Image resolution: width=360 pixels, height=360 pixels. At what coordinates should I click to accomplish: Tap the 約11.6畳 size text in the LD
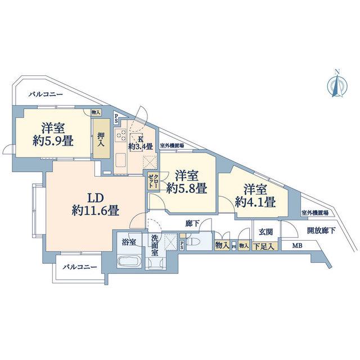[96, 210]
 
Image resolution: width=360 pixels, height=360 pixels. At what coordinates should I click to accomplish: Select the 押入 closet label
[101, 139]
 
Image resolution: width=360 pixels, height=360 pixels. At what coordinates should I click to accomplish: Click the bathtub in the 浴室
[128, 262]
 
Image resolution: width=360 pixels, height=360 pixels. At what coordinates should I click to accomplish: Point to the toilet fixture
[192, 241]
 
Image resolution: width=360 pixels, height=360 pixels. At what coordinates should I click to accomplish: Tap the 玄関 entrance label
[265, 232]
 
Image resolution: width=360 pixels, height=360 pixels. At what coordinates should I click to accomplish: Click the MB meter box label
[297, 246]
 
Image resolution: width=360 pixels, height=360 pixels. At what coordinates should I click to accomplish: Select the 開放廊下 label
[321, 231]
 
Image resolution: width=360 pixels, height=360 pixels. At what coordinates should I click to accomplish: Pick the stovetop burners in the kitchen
[121, 135]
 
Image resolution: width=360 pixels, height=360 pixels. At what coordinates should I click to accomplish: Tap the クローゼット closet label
[153, 181]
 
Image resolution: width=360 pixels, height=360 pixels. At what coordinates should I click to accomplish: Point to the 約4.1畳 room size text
[255, 202]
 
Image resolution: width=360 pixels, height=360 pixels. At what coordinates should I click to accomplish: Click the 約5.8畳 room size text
[187, 188]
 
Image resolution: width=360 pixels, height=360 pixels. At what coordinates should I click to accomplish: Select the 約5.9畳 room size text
[53, 141]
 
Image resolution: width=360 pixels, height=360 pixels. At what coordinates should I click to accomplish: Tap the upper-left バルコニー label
[46, 94]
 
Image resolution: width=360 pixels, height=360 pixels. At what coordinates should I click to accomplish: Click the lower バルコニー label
[80, 267]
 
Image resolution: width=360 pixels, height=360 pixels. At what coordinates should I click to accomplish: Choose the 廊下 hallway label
[192, 224]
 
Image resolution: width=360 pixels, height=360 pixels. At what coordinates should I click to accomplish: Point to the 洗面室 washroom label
[155, 245]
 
